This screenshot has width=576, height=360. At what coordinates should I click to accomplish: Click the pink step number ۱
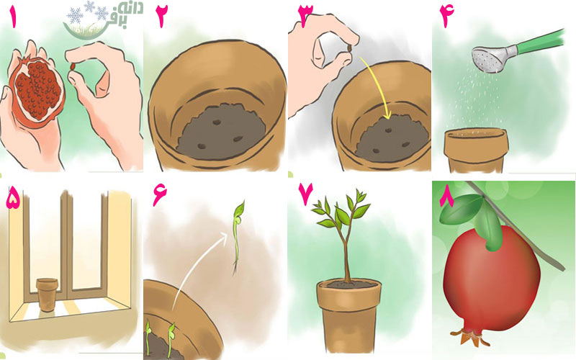tap(14, 17)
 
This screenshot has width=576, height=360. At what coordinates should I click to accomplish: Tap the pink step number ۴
tap(446, 17)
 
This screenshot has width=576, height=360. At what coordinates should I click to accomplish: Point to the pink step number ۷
tap(305, 194)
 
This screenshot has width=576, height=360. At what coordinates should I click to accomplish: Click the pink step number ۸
tap(448, 199)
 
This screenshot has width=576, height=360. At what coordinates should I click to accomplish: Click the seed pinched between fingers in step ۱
tap(73, 67)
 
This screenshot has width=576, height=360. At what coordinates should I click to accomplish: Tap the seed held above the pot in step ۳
tap(350, 49)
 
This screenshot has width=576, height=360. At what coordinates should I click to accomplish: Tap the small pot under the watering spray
tap(476, 150)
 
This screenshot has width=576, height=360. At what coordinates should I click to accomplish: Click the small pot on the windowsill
tap(47, 294)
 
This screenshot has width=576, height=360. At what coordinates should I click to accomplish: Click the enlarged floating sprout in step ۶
tap(238, 236)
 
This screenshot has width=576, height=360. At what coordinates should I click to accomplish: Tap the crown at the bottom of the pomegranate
tap(470, 336)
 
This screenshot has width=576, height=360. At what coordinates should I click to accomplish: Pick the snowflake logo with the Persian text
tap(104, 19)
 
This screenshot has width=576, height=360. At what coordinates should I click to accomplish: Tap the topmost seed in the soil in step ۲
tap(217, 122)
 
